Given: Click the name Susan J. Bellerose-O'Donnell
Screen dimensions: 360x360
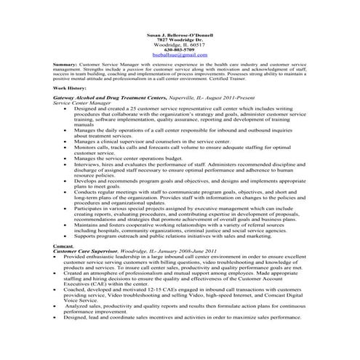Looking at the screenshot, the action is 180,35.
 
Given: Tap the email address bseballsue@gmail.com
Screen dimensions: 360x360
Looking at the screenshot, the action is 180,55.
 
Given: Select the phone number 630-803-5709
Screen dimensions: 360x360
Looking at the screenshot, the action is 180,49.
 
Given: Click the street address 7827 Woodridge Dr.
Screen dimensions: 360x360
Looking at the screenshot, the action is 180,39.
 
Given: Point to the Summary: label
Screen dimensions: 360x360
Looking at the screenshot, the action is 65,64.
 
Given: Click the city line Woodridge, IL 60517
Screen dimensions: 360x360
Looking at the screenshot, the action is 180,44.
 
